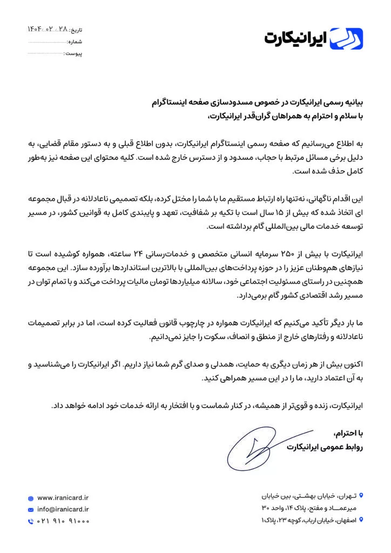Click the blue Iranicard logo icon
pyautogui.click(x=346, y=38)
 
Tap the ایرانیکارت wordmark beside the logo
pyautogui.click(x=296, y=39)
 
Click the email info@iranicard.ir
pyautogui.click(x=63, y=509)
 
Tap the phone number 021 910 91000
pyautogui.click(x=63, y=521)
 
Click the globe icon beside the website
pyautogui.click(x=30, y=497)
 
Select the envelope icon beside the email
pyautogui.click(x=30, y=509)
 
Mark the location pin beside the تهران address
pyautogui.click(x=361, y=495)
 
